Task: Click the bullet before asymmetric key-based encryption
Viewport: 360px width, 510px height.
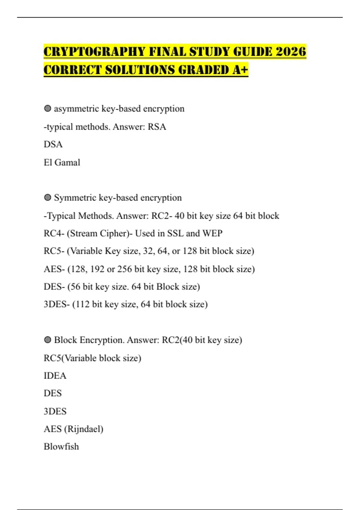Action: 47,108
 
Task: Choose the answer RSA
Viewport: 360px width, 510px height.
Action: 157,127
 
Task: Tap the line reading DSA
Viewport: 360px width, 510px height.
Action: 53,144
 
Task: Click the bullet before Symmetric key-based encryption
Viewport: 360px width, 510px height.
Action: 47,197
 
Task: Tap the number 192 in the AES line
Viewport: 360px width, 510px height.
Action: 97,269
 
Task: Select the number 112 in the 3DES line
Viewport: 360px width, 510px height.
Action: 82,304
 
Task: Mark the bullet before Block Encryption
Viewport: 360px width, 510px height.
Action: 47,340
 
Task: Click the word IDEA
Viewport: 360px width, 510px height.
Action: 55,376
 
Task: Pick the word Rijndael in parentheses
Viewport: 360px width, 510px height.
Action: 84,429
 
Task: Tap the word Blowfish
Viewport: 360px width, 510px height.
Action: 61,446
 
